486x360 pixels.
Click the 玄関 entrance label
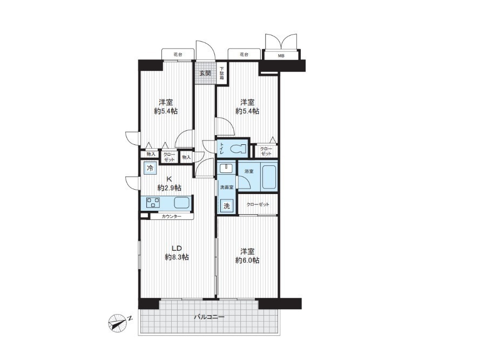(x=205, y=73)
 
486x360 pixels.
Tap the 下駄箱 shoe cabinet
(x=222, y=73)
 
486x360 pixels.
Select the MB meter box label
(x=281, y=56)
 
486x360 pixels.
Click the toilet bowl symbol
(x=239, y=150)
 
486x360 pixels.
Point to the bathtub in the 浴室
(x=268, y=177)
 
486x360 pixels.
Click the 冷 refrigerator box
(x=150, y=169)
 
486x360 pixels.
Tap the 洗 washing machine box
(x=227, y=206)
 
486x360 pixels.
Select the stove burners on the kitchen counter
(x=153, y=203)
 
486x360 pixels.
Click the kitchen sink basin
(x=181, y=203)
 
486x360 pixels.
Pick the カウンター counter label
(x=171, y=216)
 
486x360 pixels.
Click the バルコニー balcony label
(x=209, y=317)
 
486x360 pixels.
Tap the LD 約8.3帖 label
(x=177, y=252)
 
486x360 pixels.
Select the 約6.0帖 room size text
(x=247, y=260)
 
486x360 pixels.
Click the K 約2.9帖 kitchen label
(x=169, y=183)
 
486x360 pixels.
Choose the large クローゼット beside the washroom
(x=258, y=204)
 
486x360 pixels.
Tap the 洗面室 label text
(x=227, y=187)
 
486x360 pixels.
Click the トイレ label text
(x=222, y=148)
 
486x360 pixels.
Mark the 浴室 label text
(x=249, y=171)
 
